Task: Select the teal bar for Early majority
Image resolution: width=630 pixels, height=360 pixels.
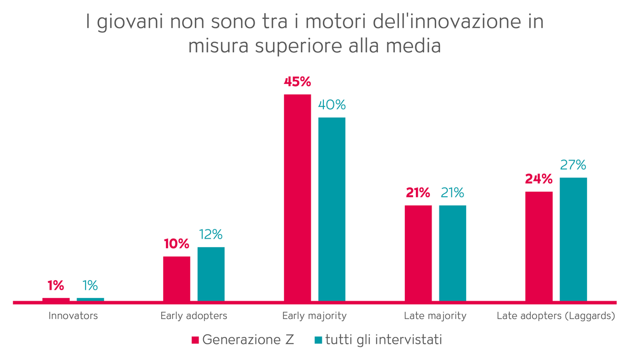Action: coord(332,209)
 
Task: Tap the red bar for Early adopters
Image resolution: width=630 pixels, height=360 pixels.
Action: coord(176,279)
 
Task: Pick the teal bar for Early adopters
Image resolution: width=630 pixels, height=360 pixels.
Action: coord(211,274)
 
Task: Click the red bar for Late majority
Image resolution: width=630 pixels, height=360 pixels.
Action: coord(418,253)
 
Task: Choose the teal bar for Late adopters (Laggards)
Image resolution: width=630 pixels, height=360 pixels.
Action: coord(573,239)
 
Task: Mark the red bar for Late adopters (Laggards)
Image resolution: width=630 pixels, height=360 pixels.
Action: coord(539,246)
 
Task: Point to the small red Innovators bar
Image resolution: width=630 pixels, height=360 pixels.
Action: coord(56,300)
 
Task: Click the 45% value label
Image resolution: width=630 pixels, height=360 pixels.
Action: coord(297,82)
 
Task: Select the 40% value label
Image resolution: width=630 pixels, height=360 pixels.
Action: coord(332,105)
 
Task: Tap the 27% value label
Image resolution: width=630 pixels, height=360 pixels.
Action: coord(573,165)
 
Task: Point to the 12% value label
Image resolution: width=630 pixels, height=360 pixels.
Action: coord(211,234)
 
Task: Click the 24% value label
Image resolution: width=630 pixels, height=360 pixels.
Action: coord(539,179)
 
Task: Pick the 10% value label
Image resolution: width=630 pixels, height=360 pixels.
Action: coord(176,243)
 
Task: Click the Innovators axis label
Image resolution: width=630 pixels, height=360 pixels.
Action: coord(73,316)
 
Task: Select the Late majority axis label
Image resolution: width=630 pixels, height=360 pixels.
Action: coord(435,316)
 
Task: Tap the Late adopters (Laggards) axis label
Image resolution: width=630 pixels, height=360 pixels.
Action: coord(555,316)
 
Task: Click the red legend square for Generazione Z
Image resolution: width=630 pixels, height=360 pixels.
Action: coord(195,340)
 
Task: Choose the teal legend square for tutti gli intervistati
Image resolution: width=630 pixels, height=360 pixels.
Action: coord(318,340)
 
